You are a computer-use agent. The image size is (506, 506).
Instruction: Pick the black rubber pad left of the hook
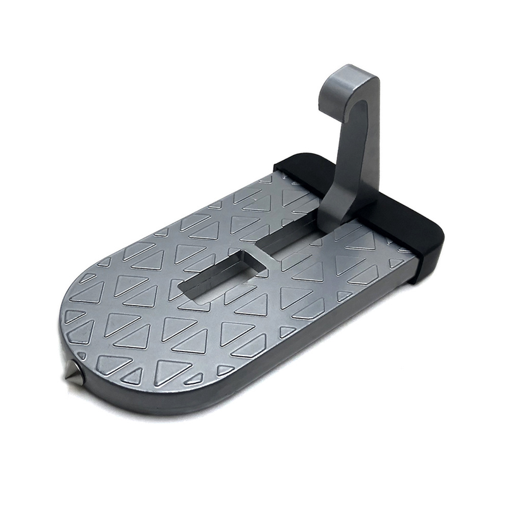coord(304,166)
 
